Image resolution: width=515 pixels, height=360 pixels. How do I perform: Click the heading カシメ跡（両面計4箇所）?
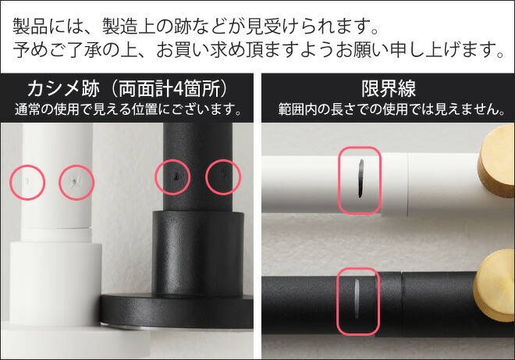point(127,89)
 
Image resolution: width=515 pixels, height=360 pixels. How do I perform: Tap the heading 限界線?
point(389,89)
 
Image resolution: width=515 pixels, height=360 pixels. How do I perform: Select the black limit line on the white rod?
point(360,179)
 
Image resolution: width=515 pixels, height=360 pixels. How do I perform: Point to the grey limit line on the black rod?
point(357,298)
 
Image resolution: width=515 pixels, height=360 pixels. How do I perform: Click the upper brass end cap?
point(496,161)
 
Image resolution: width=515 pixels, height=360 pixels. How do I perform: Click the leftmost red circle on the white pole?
point(27,183)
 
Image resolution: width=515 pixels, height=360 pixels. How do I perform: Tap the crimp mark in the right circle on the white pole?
point(75,180)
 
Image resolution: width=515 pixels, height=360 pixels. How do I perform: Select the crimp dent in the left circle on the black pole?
point(176,177)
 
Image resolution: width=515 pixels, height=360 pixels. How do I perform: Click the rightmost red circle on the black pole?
point(223,177)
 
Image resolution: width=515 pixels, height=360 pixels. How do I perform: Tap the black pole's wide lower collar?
point(198,254)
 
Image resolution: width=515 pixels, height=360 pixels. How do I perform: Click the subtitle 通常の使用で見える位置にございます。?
point(128,109)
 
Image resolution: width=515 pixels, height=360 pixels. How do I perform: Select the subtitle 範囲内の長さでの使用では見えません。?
point(391,109)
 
